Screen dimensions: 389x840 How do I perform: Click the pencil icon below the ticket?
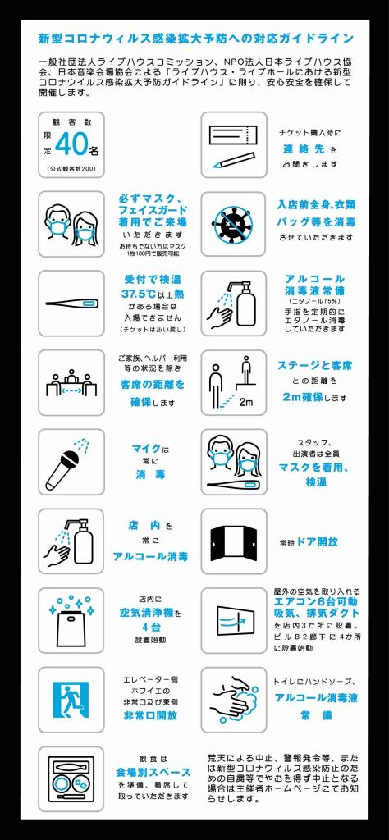(x=233, y=160)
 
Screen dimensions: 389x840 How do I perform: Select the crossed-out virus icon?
(x=234, y=223)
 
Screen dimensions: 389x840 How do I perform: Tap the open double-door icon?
(x=234, y=541)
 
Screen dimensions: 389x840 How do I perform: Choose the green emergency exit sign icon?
(x=71, y=701)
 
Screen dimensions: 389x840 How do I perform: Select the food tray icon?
(x=71, y=780)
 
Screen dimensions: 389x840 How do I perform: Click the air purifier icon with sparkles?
(x=71, y=622)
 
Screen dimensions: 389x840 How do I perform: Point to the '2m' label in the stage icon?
(x=246, y=402)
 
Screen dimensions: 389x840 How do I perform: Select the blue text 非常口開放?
(x=150, y=715)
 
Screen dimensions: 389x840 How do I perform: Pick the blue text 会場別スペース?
(x=153, y=772)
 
